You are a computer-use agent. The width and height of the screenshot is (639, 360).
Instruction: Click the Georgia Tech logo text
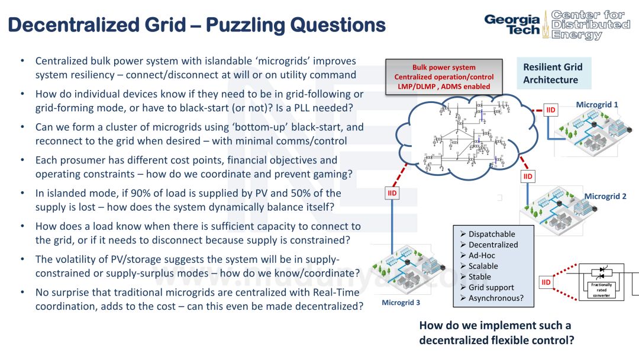coord(512,24)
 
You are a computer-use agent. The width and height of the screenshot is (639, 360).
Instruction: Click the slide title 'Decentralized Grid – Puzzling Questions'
coord(198,25)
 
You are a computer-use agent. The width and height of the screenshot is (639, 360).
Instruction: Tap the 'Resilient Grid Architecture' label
coord(552,73)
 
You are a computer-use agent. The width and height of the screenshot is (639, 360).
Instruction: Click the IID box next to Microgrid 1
coord(551,110)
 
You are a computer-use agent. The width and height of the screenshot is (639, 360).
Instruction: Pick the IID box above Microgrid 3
coord(392,194)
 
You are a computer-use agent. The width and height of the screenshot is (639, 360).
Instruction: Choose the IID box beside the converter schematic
coord(546,282)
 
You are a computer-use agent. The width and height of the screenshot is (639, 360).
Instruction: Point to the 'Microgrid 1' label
coord(596,105)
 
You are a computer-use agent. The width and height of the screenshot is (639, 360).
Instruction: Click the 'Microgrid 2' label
coord(605,196)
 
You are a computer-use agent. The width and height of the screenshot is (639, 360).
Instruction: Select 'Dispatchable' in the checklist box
coord(491,234)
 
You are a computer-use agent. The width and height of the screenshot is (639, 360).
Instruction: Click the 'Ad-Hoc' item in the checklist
coord(482,255)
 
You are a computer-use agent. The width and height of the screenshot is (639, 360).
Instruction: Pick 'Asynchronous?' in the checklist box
coord(496,298)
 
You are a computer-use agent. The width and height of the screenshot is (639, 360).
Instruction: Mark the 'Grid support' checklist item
coord(491,287)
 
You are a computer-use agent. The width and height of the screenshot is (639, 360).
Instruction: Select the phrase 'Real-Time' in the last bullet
coord(337,292)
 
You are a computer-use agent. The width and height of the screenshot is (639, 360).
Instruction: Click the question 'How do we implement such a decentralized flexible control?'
coord(496,333)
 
